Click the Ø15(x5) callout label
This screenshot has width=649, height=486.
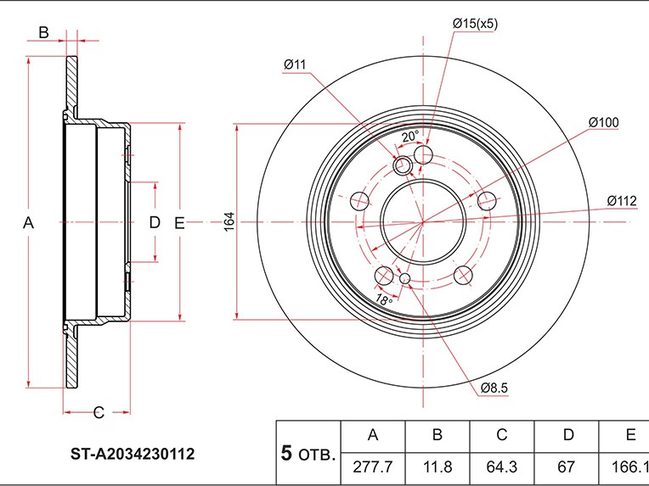[475, 24]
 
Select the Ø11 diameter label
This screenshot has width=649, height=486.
[294, 64]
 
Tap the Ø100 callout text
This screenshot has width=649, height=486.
[603, 122]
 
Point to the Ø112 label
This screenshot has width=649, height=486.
[622, 201]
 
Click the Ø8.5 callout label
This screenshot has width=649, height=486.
[494, 388]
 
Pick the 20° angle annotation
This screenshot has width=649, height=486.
[410, 136]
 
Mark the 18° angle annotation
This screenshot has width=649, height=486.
[384, 299]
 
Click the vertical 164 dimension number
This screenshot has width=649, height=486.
[229, 222]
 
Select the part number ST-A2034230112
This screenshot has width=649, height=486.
[133, 454]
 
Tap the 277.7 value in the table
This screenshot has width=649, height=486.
[373, 467]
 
